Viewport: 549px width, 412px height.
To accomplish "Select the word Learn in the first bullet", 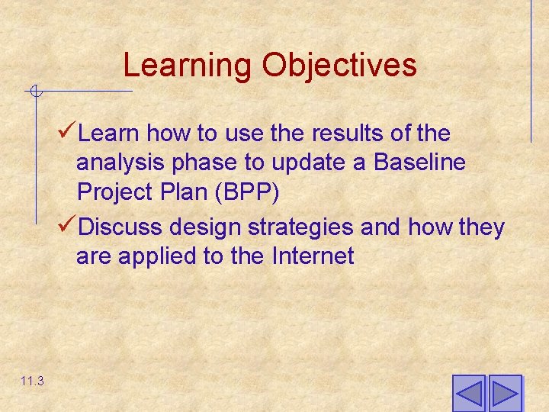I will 108,134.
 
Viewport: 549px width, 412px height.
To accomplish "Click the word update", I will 312,163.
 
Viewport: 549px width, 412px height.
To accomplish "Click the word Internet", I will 313,256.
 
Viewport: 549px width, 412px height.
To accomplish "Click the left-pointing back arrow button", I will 468,393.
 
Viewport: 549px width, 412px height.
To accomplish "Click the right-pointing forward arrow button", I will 505,393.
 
